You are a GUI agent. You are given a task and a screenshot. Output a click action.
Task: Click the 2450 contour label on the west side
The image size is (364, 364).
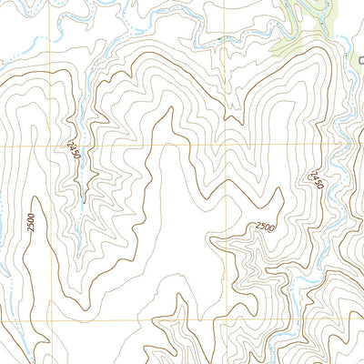(x=74, y=150)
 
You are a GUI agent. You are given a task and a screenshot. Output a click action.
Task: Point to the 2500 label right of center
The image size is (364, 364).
(x=265, y=227)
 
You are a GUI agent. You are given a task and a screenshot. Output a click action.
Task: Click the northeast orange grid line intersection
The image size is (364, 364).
(x=226, y=145)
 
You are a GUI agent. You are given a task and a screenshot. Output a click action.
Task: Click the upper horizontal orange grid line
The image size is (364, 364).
(x=136, y=145)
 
